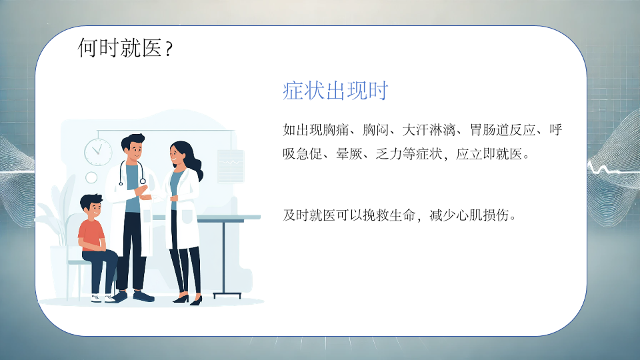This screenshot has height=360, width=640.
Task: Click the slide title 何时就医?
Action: click(125, 48)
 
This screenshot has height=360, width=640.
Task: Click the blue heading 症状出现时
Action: click(335, 91)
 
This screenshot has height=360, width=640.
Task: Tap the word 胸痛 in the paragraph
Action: click(336, 130)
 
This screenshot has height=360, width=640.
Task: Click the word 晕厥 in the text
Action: click(349, 154)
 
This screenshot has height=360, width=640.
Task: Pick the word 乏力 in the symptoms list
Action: click(389, 154)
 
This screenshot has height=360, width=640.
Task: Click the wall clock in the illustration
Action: click(98, 152)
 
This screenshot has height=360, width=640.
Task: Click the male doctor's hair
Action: click(133, 140)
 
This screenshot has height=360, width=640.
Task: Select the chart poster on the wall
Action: click(231, 166)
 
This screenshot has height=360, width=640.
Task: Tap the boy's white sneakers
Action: click(103, 299)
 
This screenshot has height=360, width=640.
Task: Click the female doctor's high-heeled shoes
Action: click(188, 300)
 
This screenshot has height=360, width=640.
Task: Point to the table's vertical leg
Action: click(224, 258)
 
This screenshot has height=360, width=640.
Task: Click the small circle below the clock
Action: click(91, 177)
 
